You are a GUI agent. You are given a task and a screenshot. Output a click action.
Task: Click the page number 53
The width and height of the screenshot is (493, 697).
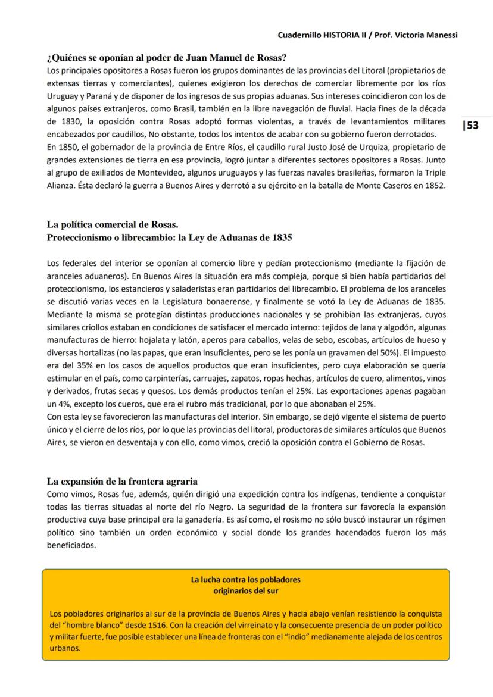click(472, 126)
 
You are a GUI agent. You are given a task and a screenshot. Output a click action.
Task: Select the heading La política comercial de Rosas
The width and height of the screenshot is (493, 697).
click(113, 225)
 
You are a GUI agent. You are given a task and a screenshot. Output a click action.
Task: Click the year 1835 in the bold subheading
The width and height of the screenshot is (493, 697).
click(279, 237)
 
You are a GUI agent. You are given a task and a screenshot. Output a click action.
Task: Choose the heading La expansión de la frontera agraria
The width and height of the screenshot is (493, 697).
click(122, 481)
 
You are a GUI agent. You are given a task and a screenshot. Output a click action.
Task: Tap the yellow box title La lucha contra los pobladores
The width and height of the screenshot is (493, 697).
click(245, 579)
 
